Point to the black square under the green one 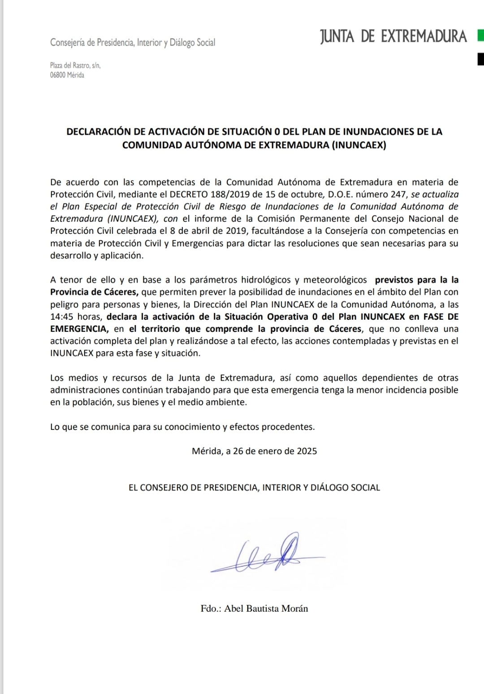click(x=480, y=59)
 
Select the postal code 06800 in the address click(x=58, y=75)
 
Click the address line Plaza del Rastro click(x=75, y=65)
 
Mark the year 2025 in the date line click(x=307, y=451)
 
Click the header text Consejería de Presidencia click(x=92, y=43)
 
